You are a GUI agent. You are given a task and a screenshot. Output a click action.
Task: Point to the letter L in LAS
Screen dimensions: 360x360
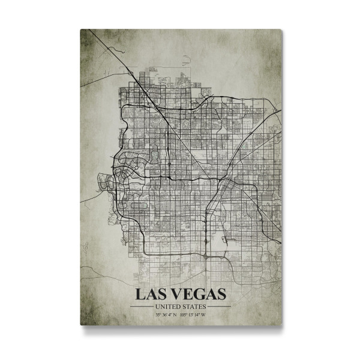(139, 295)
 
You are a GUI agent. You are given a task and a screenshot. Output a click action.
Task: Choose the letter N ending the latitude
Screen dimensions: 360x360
(174, 314)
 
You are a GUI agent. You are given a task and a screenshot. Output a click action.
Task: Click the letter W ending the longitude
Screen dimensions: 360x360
(204, 314)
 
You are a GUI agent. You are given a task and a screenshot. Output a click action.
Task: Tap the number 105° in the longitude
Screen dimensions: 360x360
(184, 314)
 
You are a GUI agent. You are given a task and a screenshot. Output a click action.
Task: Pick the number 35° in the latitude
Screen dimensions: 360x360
(158, 314)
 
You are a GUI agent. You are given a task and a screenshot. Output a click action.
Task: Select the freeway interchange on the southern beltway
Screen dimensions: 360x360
(205, 254)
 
